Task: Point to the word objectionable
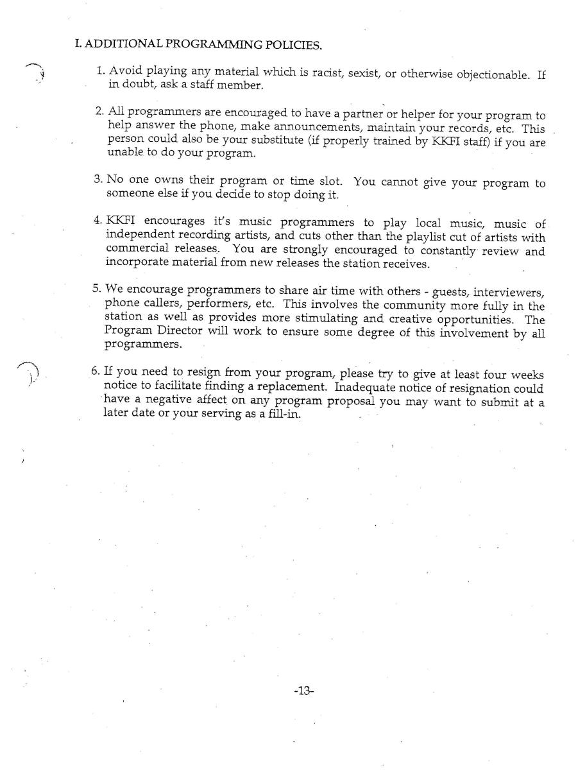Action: click(x=490, y=74)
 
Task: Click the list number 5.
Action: click(x=97, y=292)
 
